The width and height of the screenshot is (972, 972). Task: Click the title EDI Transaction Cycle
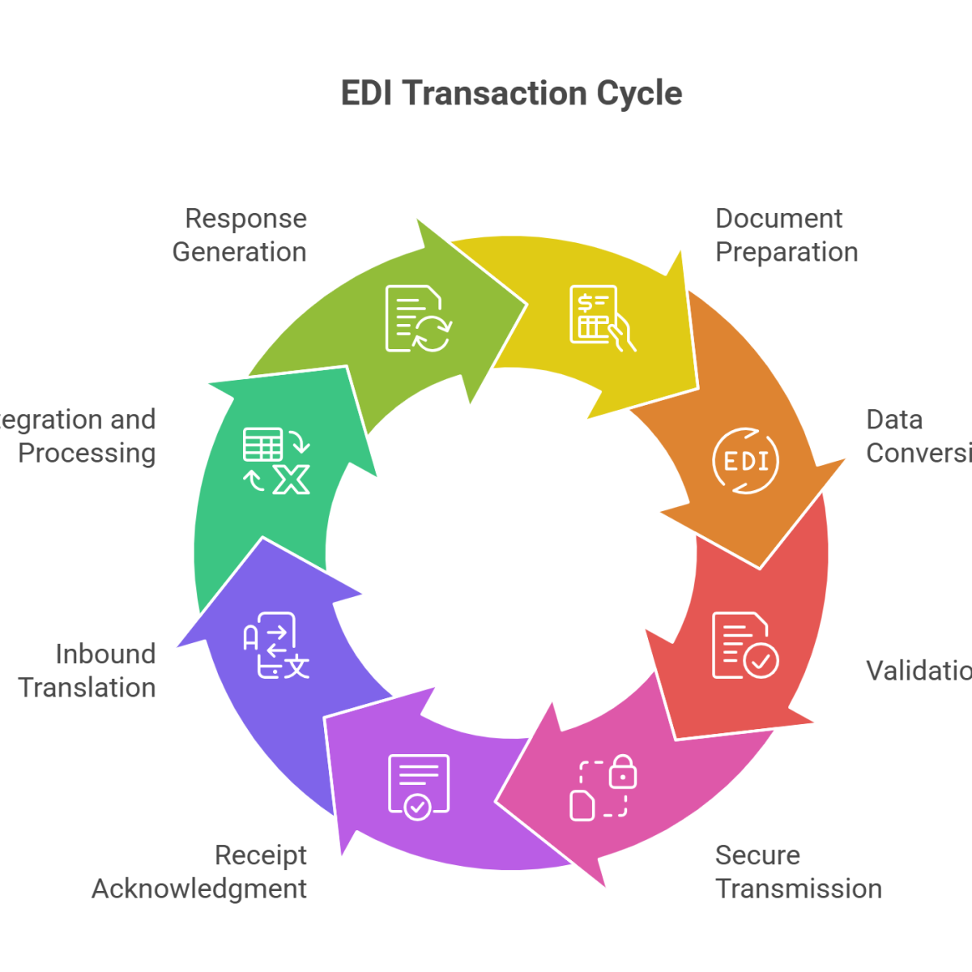click(511, 93)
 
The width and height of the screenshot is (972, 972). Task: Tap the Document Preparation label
click(786, 235)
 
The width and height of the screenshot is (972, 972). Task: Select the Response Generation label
click(240, 235)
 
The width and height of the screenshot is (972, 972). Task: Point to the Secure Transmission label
click(797, 872)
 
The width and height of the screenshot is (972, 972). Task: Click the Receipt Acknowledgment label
click(200, 872)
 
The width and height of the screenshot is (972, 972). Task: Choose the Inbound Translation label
click(87, 671)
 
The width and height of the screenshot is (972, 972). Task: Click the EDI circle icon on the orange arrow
click(745, 462)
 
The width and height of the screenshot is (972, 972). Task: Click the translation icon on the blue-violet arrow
click(275, 646)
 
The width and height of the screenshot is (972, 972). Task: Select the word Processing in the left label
click(87, 453)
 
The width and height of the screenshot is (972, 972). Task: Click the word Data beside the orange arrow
click(894, 420)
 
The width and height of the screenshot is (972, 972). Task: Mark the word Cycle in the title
click(639, 93)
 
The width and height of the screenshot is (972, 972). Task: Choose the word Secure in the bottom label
click(758, 855)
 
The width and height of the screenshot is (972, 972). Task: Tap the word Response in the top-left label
click(246, 219)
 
